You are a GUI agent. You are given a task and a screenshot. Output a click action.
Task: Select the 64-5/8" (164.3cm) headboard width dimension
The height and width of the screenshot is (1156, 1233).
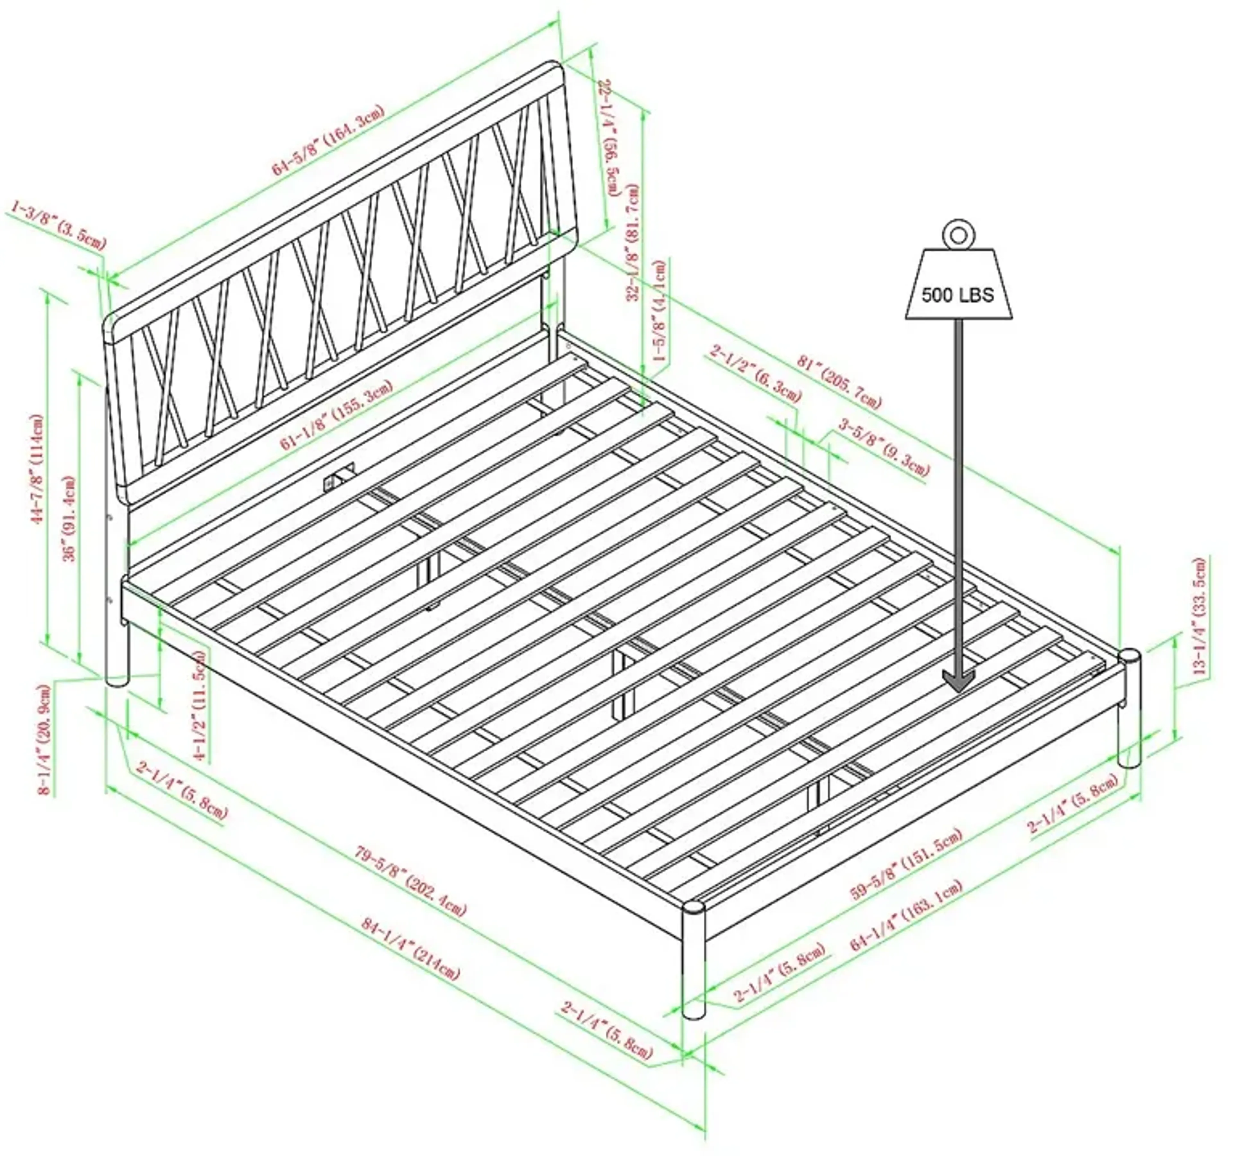point(329,140)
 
